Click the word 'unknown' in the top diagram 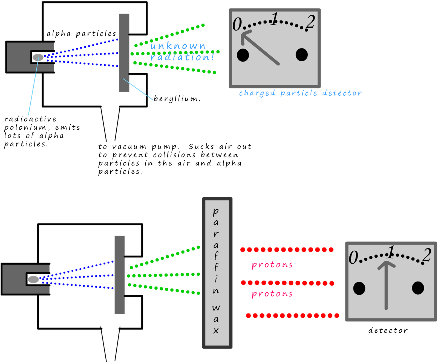[x=178, y=46]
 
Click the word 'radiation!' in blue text [x=182, y=57]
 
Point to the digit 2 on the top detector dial [x=310, y=22]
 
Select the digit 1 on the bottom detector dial [x=391, y=252]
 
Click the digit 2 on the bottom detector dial [x=427, y=255]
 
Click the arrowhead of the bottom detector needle [x=386, y=264]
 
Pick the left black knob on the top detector [x=243, y=55]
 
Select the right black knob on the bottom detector [x=418, y=288]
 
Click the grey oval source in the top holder [x=38, y=57]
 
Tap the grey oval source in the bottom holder [x=34, y=280]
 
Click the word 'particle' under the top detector [x=298, y=93]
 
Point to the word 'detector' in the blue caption [x=342, y=93]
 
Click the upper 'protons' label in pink [x=272, y=265]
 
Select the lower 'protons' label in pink [x=272, y=294]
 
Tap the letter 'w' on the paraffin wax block [x=216, y=308]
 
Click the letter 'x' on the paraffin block [x=216, y=331]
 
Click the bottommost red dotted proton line [x=292, y=316]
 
